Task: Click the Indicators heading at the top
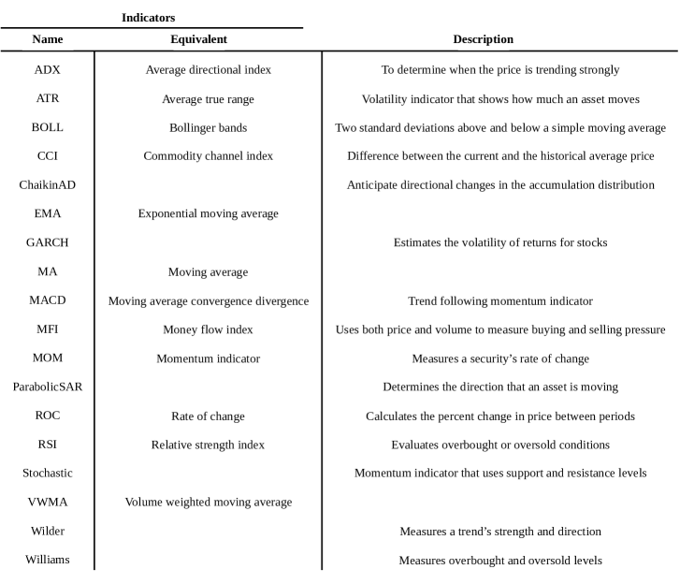(x=148, y=17)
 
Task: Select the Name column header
(x=48, y=39)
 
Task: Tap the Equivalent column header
(x=198, y=39)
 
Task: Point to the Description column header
(x=483, y=39)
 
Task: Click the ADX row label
(x=48, y=70)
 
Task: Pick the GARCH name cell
(x=48, y=242)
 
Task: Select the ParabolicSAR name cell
(x=48, y=387)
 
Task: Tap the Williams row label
(x=48, y=560)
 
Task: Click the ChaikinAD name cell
(x=48, y=184)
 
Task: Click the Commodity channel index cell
(x=208, y=156)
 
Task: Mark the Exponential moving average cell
(x=208, y=213)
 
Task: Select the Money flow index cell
(x=208, y=329)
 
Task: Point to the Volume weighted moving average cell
(x=208, y=502)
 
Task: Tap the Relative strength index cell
(x=208, y=445)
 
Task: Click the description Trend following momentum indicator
(x=500, y=300)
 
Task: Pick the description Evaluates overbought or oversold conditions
(x=500, y=445)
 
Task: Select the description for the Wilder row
(x=500, y=531)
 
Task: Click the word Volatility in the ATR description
(x=384, y=99)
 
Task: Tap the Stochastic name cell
(x=48, y=473)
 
